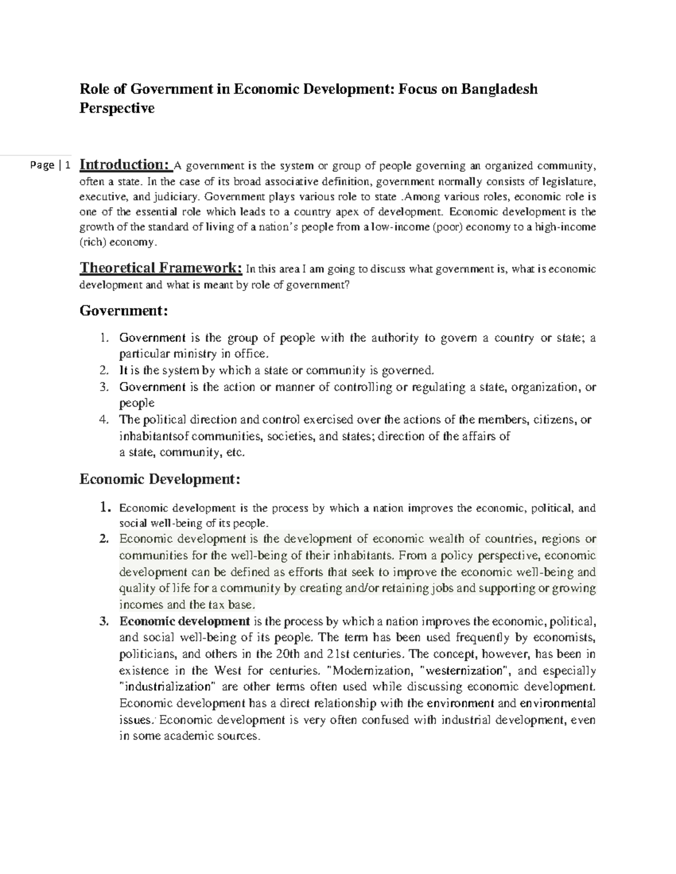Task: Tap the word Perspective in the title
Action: (117, 108)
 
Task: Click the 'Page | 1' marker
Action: (51, 165)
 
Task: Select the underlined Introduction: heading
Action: (125, 165)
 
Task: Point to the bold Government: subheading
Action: (124, 310)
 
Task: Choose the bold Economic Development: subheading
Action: (160, 479)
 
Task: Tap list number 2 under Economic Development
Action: (103, 539)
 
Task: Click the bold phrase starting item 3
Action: (185, 621)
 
